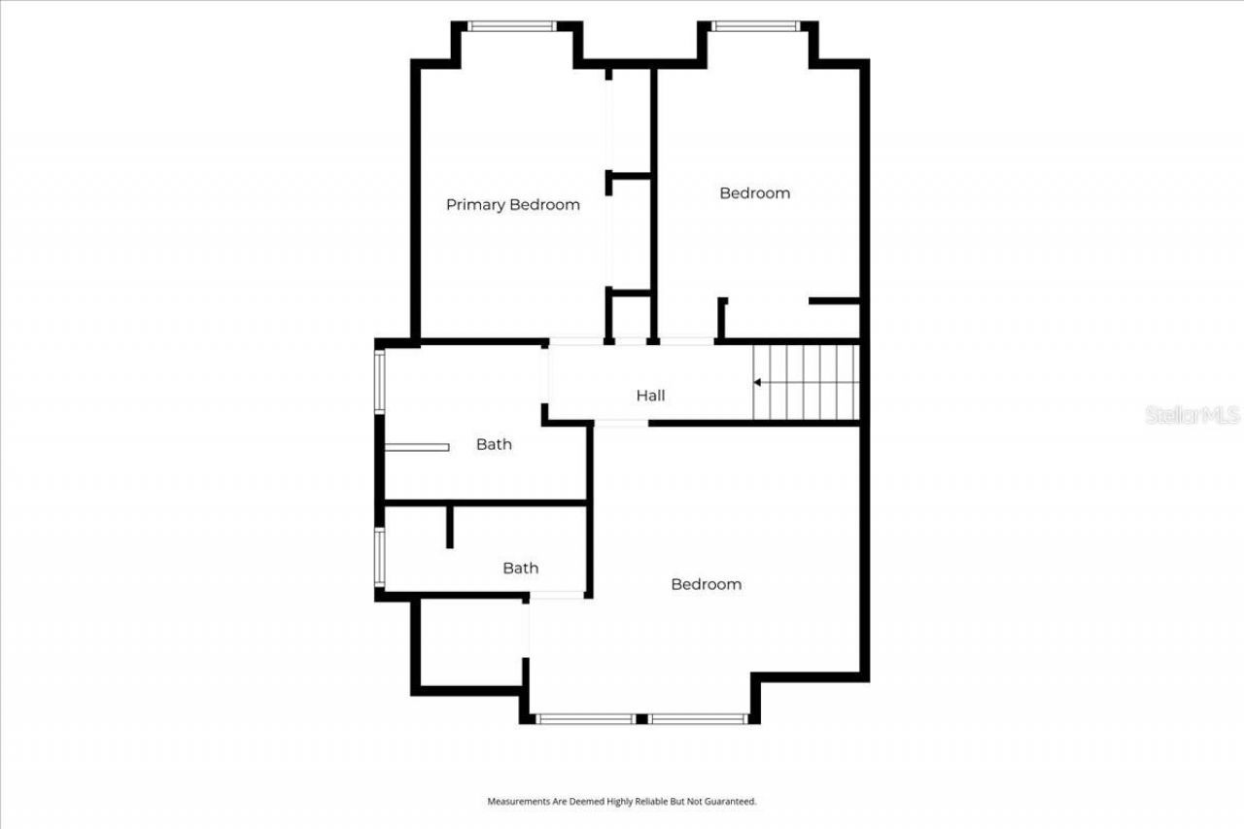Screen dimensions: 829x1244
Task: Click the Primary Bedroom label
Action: coord(512,205)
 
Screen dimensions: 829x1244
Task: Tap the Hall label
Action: coord(650,396)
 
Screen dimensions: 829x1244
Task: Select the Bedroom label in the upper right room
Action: coord(754,193)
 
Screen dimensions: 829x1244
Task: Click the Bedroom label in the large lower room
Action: coord(706,584)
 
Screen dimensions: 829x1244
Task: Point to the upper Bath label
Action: coord(494,444)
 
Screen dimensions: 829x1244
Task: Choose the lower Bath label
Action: coord(520,569)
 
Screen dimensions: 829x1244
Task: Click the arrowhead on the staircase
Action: coord(758,383)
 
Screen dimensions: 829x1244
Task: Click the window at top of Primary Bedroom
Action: coord(512,26)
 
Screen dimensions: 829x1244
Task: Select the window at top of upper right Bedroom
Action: coord(754,26)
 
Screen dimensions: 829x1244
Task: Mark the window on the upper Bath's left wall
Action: coord(380,382)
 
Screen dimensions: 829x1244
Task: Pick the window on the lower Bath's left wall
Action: coord(380,557)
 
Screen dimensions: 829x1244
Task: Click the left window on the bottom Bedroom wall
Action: coord(586,719)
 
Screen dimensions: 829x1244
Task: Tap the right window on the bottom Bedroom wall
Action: coord(698,719)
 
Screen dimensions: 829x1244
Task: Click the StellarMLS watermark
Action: coord(1192,415)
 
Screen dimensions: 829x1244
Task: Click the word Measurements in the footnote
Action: coord(514,802)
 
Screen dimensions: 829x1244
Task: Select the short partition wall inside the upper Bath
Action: coord(417,447)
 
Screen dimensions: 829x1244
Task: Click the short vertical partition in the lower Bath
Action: coord(449,527)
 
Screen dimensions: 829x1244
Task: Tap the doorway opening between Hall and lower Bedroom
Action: coord(621,423)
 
